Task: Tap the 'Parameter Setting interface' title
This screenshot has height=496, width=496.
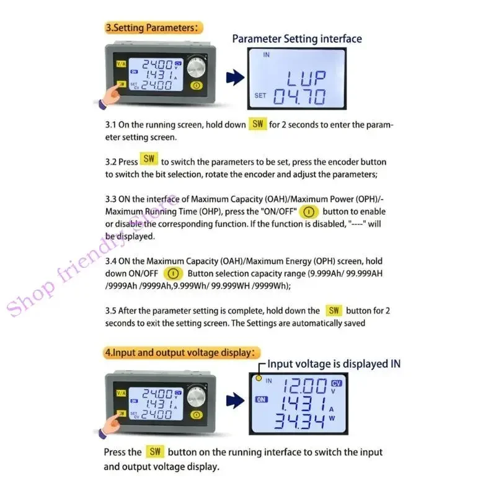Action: coord(297,38)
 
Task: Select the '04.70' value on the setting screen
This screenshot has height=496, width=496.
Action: coord(299,97)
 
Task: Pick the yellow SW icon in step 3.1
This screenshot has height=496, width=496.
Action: coord(258,124)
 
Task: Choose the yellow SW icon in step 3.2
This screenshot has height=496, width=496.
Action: coord(149,159)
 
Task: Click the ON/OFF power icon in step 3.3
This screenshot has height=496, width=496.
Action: coord(308,211)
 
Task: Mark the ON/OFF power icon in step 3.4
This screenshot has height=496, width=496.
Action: coord(174,273)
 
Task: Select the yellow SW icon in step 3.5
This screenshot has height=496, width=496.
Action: coord(334,311)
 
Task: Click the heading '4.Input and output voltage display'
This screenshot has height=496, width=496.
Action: coord(180,352)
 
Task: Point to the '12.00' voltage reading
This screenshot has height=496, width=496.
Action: coord(304,387)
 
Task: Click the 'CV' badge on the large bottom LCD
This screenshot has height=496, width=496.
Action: coord(337,383)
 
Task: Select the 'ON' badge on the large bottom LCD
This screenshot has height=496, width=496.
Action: coord(261,400)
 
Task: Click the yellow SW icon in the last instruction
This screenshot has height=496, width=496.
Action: coord(154,452)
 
